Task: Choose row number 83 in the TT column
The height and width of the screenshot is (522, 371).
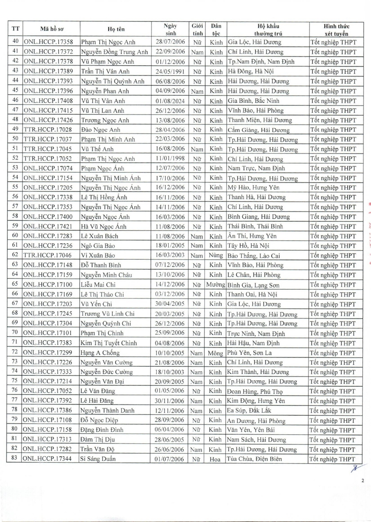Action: pos(15,459)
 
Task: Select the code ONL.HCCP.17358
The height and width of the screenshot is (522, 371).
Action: pos(49,42)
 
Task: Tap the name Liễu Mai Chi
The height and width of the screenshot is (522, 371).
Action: pos(99,284)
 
